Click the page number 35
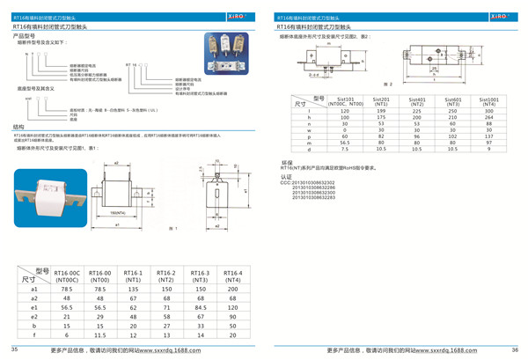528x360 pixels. pyautogui.click(x=14, y=349)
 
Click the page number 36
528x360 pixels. pyautogui.click(x=514, y=349)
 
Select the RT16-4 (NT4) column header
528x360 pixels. pyautogui.click(x=231, y=276)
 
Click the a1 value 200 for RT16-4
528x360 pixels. pyautogui.click(x=231, y=288)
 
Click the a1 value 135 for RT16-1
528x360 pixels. pyautogui.click(x=133, y=288)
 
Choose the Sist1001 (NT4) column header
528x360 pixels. pyautogui.click(x=488, y=102)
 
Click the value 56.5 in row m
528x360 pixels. pyautogui.click(x=346, y=143)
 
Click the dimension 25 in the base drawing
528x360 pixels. pyautogui.click(x=434, y=68)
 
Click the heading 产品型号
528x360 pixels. pyautogui.click(x=23, y=37)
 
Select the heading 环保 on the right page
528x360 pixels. pyautogui.click(x=286, y=163)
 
